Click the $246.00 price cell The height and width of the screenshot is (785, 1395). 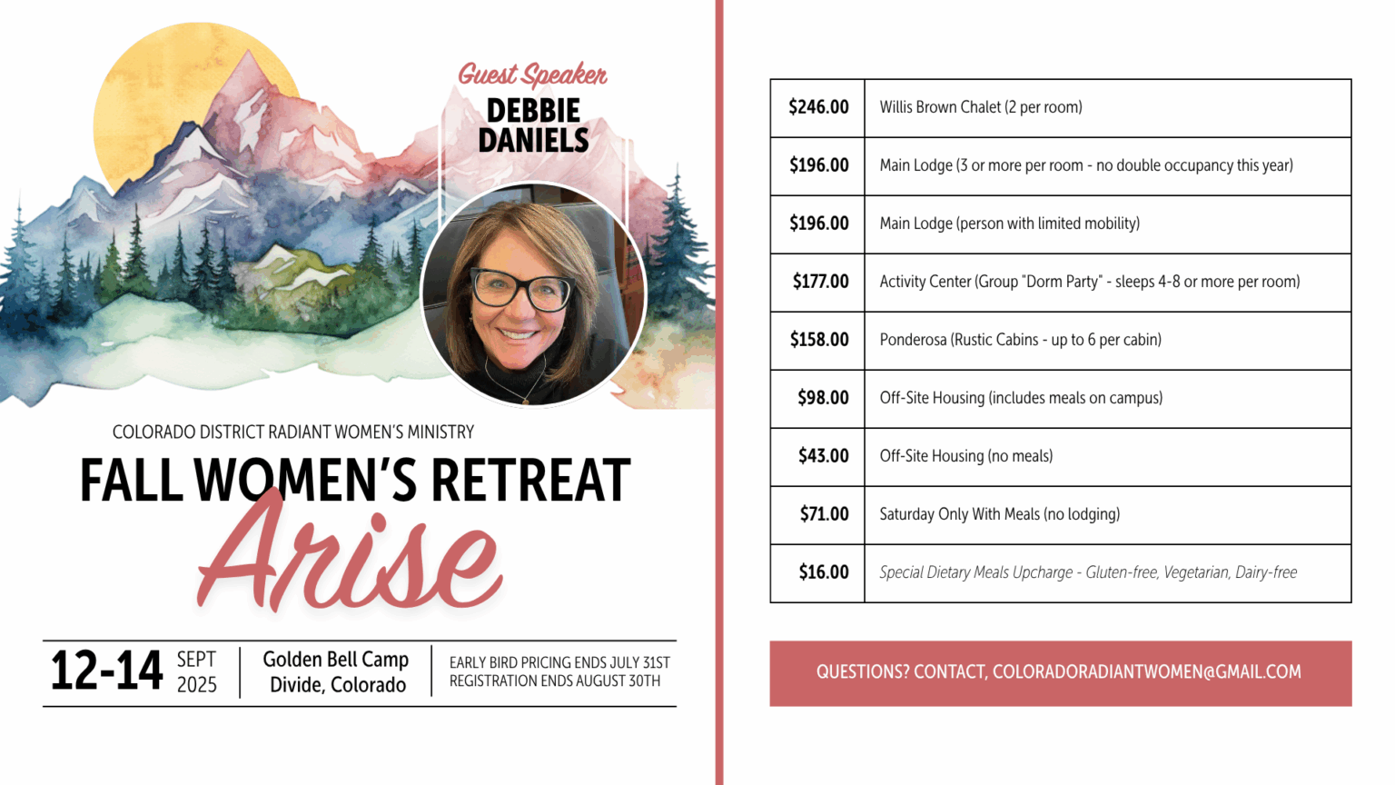click(818, 107)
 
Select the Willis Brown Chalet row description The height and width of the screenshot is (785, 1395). click(981, 107)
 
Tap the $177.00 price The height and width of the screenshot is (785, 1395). click(820, 282)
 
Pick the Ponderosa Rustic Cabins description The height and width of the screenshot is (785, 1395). click(1021, 340)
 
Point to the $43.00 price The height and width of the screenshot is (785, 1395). click(824, 456)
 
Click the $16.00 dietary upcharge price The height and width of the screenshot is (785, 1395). click(824, 571)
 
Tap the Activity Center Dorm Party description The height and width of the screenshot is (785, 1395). click(1090, 282)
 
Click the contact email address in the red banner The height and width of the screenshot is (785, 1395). click(1146, 671)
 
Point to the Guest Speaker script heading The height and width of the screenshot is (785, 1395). click(532, 75)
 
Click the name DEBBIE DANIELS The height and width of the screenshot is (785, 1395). click(534, 125)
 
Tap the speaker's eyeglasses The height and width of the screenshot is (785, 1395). click(522, 288)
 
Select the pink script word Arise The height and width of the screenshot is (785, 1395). click(350, 551)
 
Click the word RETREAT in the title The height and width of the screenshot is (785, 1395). click(530, 480)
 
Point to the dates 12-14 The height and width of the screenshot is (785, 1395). click(106, 671)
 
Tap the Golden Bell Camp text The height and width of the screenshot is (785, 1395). click(336, 659)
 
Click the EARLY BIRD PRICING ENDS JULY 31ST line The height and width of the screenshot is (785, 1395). click(559, 662)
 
